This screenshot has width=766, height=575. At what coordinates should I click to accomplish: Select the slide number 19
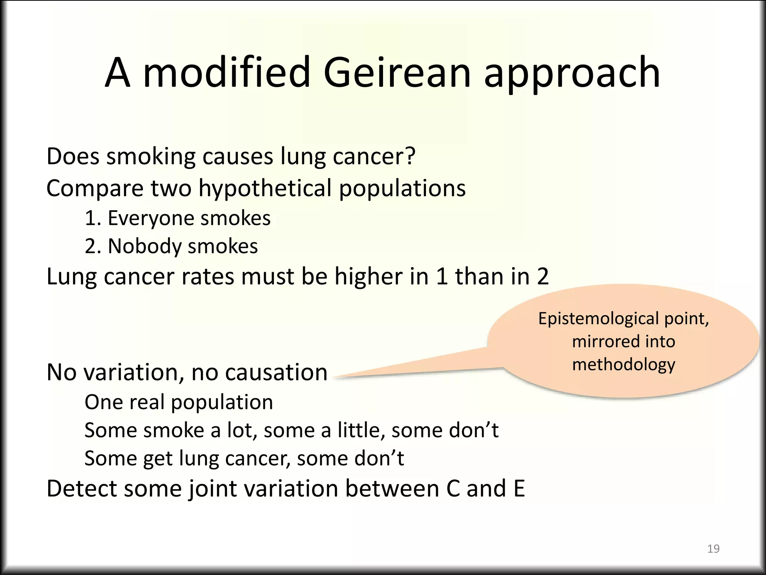(713, 549)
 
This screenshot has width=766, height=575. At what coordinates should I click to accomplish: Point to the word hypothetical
(265, 188)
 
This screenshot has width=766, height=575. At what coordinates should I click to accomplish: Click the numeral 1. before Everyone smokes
(92, 218)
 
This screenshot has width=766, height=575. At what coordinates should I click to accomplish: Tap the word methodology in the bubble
(623, 365)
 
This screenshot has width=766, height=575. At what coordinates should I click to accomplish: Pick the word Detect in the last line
(82, 489)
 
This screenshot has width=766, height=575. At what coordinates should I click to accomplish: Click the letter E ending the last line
(519, 489)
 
